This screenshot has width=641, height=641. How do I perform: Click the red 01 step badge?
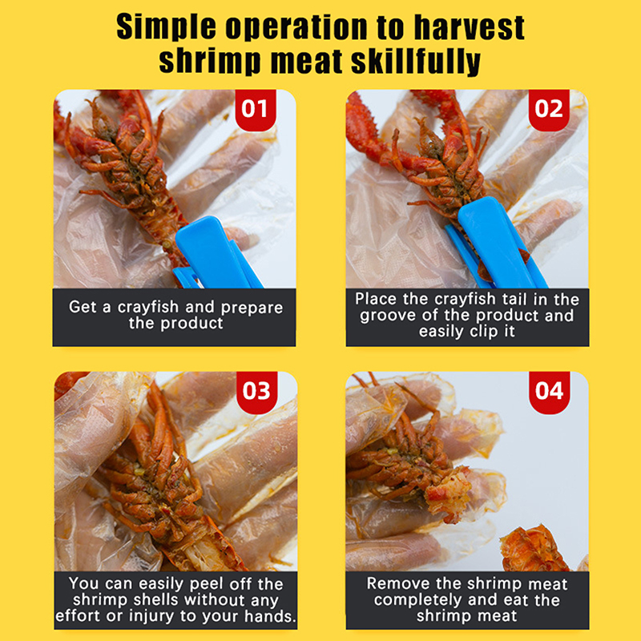point(256,110)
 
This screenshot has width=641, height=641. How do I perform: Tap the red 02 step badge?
point(549,110)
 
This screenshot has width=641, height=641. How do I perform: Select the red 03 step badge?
point(256,392)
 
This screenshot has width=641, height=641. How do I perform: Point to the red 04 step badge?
point(549,392)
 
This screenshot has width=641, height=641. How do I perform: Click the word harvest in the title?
point(469,28)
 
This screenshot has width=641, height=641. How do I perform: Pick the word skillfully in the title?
point(416,62)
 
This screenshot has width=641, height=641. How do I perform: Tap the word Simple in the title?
point(166,28)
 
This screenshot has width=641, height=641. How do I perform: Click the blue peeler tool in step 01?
point(215,253)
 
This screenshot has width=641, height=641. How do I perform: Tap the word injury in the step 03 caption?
point(152,616)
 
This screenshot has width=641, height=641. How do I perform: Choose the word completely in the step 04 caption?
point(417,600)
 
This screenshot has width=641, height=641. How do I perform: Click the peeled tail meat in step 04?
point(448,493)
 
